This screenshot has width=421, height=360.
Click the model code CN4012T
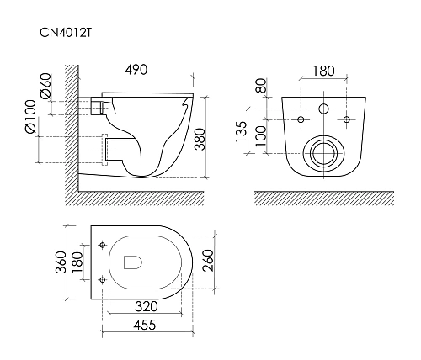click(66, 33)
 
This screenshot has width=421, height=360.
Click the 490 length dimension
click(136, 70)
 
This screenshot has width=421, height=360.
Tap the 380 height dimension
click(200, 140)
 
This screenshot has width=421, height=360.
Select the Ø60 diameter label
click(46, 86)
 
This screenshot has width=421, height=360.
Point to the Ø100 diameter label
click(30, 116)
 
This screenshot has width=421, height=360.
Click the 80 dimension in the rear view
click(261, 86)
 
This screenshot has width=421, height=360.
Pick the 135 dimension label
click(241, 131)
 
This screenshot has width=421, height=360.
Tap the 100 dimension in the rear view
click(261, 135)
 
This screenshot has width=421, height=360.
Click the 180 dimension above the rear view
click(323, 71)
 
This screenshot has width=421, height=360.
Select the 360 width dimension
click(61, 262)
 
